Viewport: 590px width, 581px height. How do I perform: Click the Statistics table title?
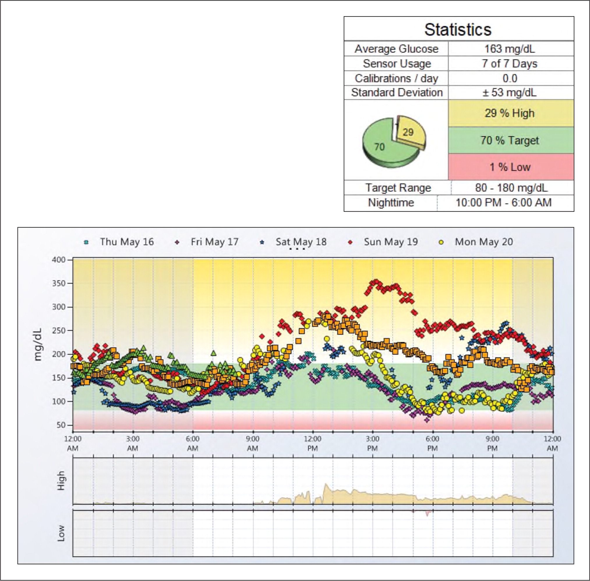point(458,30)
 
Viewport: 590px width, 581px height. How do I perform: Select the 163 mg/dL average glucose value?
point(510,49)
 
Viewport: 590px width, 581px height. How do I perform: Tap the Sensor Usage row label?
point(397,64)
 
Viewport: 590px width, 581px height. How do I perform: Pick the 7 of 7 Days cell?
point(510,64)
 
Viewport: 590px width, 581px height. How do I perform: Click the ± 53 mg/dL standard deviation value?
point(510,92)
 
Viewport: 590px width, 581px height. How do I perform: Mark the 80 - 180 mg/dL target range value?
point(511,188)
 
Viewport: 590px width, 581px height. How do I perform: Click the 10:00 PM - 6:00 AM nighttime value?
point(504,203)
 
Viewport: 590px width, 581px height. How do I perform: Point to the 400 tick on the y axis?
point(59,260)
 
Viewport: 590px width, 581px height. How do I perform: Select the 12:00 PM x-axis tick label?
point(312,444)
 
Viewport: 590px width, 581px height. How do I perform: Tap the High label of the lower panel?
point(61,480)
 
